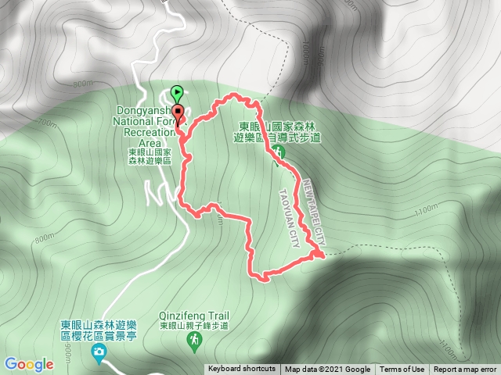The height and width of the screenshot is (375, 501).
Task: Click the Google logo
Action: [28, 364]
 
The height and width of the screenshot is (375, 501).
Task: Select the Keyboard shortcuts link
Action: [242, 370]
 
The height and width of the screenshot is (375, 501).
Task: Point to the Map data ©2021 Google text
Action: [327, 370]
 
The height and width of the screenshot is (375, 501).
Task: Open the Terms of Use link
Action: [402, 370]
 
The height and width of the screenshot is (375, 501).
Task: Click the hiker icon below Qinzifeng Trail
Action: [195, 341]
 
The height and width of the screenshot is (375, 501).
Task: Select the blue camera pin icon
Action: [99, 352]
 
